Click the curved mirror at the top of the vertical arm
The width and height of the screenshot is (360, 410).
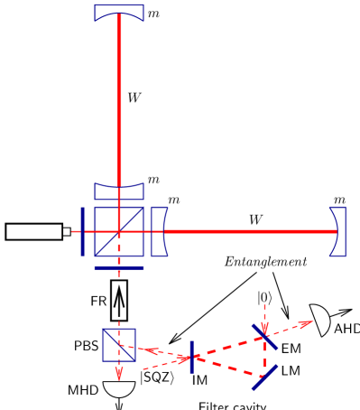pos(118,13)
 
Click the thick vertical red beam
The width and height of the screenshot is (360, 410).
pos(118,99)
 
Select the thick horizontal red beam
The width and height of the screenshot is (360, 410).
pos(248,231)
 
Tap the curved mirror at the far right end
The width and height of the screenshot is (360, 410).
pos(338,231)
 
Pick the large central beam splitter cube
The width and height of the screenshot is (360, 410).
pos(118,231)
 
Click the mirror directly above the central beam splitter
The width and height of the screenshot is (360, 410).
pos(118,191)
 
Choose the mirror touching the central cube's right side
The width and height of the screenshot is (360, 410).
pos(160,231)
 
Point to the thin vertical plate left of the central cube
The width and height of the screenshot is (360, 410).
pos(82,231)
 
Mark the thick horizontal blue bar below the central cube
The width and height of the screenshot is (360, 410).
pos(118,267)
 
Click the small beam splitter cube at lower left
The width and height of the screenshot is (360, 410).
pos(118,345)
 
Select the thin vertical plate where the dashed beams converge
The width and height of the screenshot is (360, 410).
pos(191,357)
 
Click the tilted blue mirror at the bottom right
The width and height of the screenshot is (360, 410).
pos(264,377)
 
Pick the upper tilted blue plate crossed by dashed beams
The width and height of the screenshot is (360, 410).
pos(264,337)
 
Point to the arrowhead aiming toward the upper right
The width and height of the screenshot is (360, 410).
pos(308,322)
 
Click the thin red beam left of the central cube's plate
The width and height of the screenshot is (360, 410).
pos(76,231)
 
